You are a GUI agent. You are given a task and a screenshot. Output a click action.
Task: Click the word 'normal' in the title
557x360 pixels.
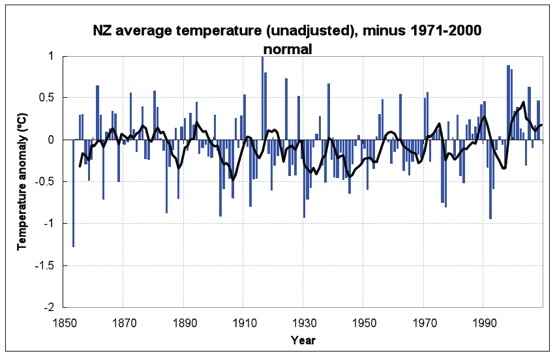pyautogui.click(x=288, y=48)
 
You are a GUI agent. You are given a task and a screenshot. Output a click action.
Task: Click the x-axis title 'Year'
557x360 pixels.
pyautogui.click(x=303, y=340)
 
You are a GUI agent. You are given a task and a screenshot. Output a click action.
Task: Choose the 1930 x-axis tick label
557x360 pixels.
pyautogui.click(x=303, y=322)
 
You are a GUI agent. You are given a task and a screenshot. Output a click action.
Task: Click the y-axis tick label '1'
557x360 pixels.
pyautogui.click(x=53, y=57)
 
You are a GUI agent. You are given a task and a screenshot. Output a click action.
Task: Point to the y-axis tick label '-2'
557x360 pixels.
pyautogui.click(x=52, y=307)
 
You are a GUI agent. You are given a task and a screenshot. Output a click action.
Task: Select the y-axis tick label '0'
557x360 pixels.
pyautogui.click(x=53, y=140)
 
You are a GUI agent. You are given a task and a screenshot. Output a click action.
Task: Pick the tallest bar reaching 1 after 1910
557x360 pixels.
pyautogui.click(x=262, y=98)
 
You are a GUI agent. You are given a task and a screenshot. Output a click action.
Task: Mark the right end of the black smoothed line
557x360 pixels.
pyautogui.click(x=541, y=125)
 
